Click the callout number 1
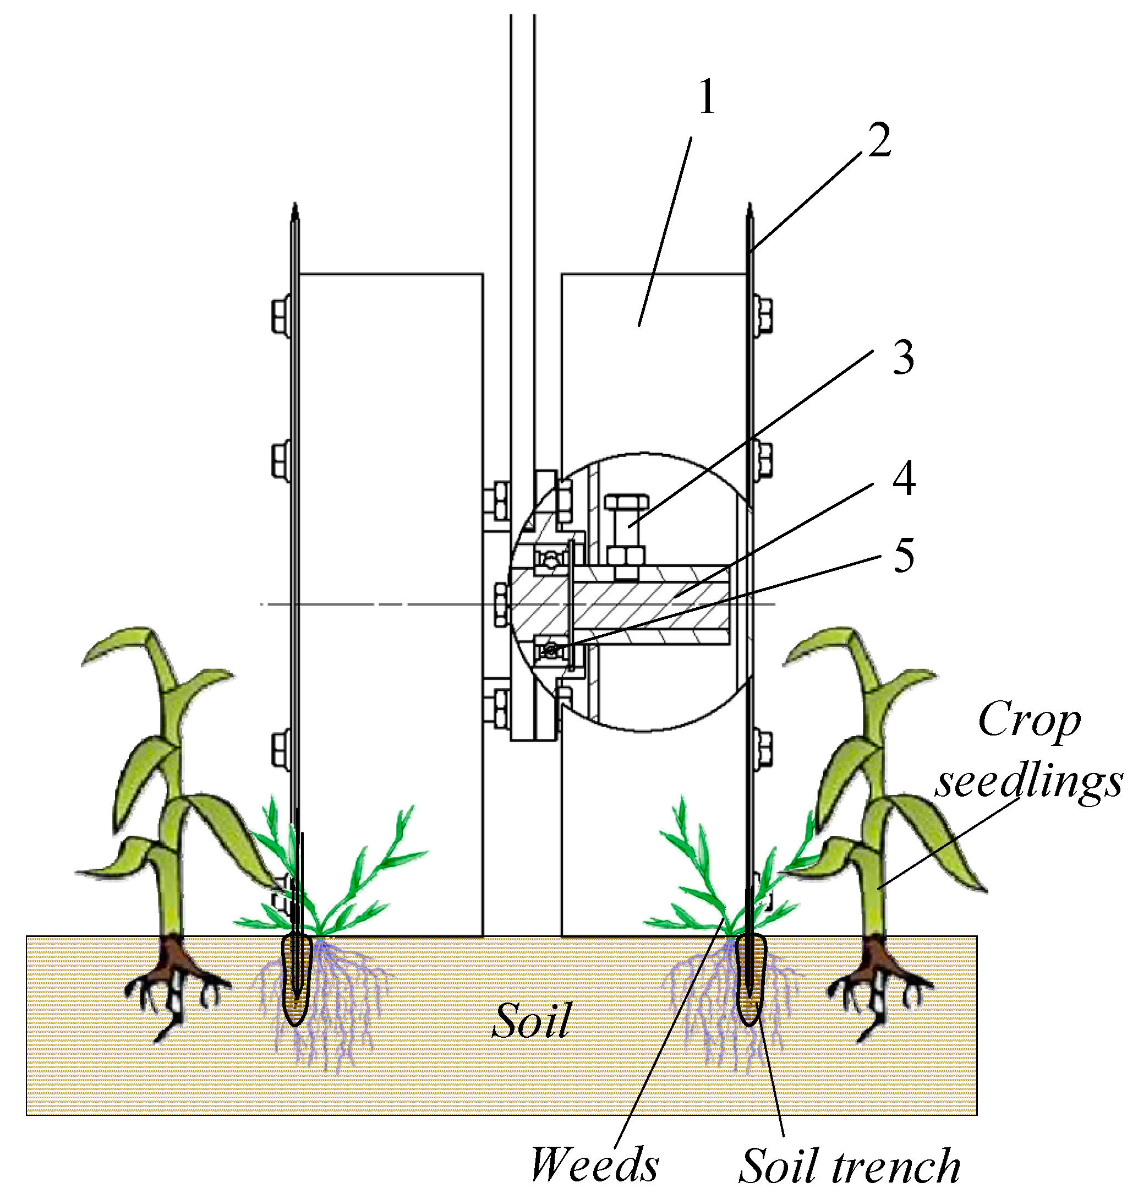pyautogui.click(x=707, y=97)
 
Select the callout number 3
pyautogui.click(x=903, y=357)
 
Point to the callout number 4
pyautogui.click(x=904, y=478)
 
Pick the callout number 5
pyautogui.click(x=904, y=555)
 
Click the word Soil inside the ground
pyautogui.click(x=532, y=1021)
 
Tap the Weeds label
pyautogui.click(x=594, y=1165)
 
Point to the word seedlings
pyautogui.click(x=1028, y=783)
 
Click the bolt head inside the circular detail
pyautogui.click(x=626, y=505)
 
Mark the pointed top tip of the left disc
pyautogui.click(x=295, y=209)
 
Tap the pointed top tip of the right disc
pyautogui.click(x=751, y=209)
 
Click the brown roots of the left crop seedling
pyautogui.click(x=173, y=965)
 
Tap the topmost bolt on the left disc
pyautogui.click(x=280, y=314)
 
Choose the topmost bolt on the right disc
pyautogui.click(x=763, y=314)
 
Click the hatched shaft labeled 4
pyautogui.click(x=649, y=604)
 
